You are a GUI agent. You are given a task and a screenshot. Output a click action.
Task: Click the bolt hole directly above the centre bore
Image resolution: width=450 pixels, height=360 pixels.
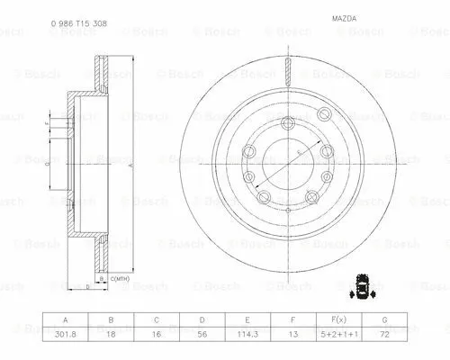[x=287, y=125]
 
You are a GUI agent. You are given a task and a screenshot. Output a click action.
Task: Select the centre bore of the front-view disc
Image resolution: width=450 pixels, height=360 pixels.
[x=287, y=163]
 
